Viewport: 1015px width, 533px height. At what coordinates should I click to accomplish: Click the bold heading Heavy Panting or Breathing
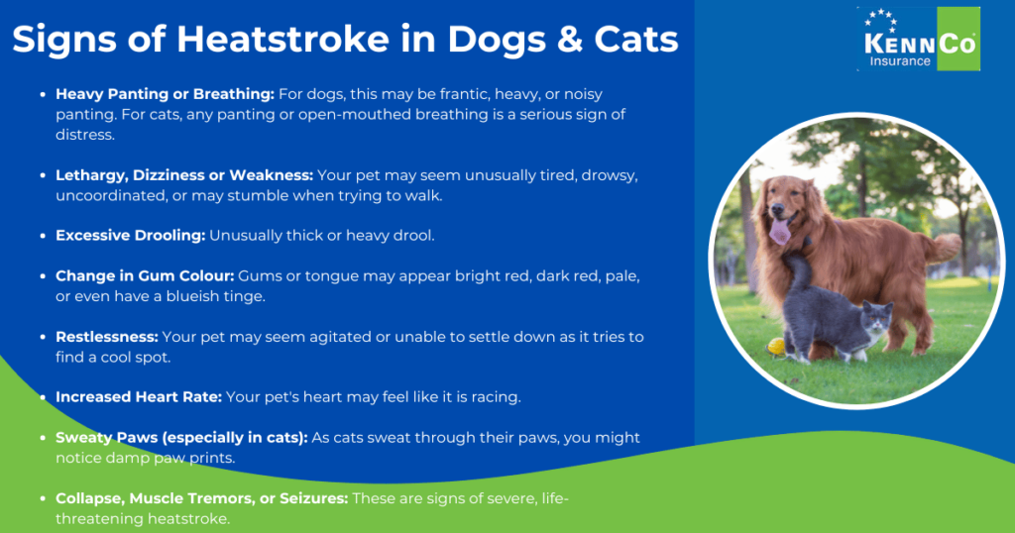coord(165,94)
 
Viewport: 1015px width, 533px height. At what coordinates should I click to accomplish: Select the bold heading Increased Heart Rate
coord(139,397)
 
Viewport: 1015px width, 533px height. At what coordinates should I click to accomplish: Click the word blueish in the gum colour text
coord(183,296)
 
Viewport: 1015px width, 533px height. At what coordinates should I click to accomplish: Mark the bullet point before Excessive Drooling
coord(43,236)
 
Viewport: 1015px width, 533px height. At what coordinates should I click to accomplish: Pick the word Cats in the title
coord(636,41)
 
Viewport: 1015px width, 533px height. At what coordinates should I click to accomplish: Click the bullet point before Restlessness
coord(43,338)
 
